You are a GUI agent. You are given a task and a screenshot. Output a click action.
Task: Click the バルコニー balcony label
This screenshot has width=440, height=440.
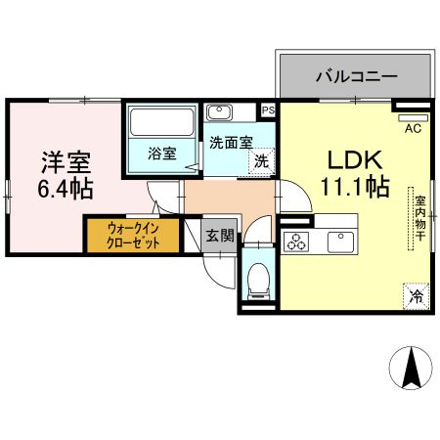[x=355, y=74]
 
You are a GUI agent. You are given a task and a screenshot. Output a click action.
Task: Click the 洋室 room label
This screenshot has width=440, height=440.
[x=65, y=158]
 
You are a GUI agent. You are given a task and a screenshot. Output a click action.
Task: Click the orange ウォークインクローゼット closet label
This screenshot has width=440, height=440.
[x=132, y=236]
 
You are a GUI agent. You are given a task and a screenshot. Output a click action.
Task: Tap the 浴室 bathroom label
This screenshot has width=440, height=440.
[x=161, y=154]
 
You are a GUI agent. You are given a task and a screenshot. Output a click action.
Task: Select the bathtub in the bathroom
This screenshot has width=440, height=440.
[x=162, y=124]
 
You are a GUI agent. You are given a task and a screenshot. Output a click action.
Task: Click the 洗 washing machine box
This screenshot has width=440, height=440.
[x=261, y=160]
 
